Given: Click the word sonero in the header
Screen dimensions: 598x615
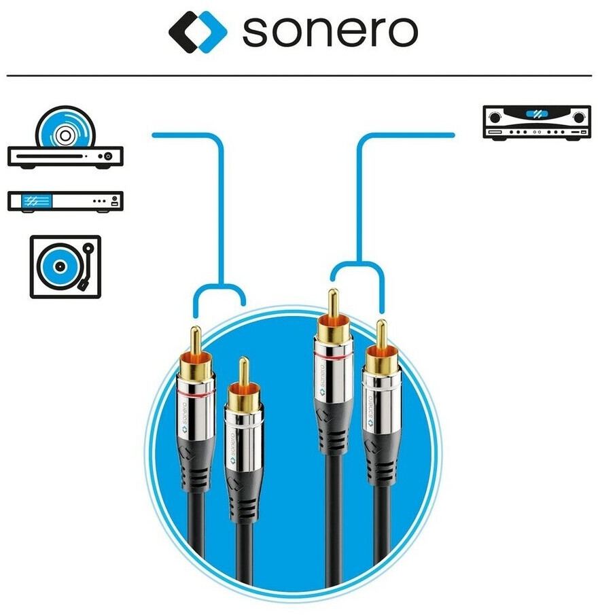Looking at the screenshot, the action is click(x=330, y=31).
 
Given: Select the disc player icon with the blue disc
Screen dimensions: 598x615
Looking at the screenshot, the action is click(x=65, y=139).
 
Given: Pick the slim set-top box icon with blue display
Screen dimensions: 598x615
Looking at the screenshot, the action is click(x=65, y=201).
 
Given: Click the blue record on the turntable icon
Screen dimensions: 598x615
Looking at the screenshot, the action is click(x=58, y=267).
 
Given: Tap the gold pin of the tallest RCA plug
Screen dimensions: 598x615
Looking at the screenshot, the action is click(x=333, y=304).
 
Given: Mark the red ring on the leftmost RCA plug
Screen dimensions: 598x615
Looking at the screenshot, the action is click(x=194, y=393).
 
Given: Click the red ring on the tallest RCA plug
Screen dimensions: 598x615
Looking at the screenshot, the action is click(x=333, y=356).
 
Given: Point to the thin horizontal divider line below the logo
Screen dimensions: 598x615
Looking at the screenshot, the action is click(x=299, y=75).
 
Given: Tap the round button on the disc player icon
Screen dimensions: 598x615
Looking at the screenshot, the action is click(x=107, y=156).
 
